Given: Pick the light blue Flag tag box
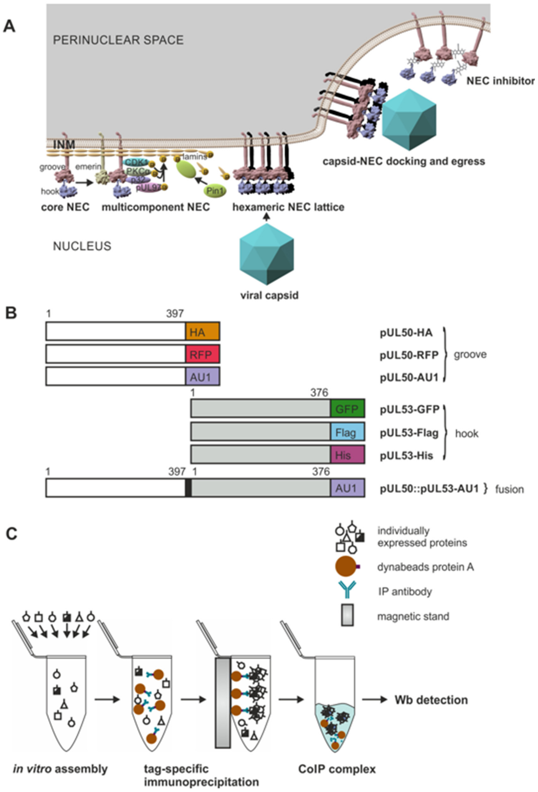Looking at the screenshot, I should [x=347, y=432].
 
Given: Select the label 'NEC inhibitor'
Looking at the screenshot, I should [x=500, y=81].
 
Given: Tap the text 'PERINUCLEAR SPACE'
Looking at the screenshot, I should [x=118, y=40].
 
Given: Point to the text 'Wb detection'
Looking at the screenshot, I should [x=431, y=700].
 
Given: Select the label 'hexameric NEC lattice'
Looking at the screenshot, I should [x=288, y=207].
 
